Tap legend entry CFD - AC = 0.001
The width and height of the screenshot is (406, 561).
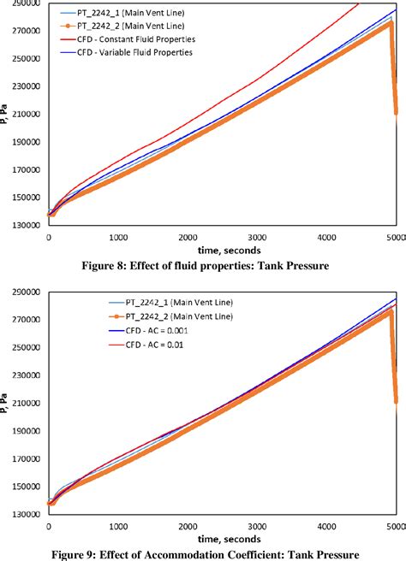coord(124,330)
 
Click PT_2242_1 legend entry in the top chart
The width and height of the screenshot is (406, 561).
coord(128,14)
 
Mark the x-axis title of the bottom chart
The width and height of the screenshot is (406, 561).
coord(218,538)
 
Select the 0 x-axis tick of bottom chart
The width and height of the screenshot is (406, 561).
coord(49,528)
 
